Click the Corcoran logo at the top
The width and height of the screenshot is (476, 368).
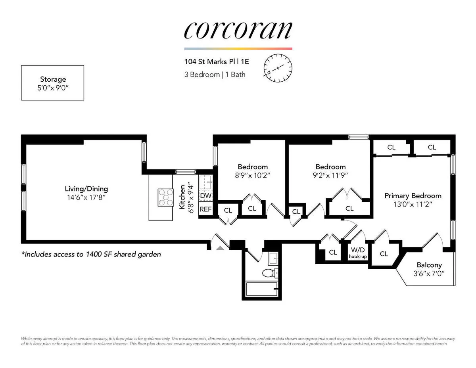(x=238, y=30)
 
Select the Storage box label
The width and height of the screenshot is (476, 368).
(x=53, y=80)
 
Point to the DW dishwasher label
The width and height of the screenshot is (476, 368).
(x=205, y=195)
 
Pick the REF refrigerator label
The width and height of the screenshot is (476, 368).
(x=205, y=209)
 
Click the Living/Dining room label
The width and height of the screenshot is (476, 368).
(x=86, y=189)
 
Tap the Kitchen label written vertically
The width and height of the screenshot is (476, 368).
(x=182, y=197)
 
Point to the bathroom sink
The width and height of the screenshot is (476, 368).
(x=273, y=259)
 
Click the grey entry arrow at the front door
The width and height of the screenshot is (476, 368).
(x=220, y=248)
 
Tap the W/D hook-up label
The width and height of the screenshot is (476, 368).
(x=358, y=253)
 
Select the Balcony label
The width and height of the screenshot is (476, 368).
(x=429, y=265)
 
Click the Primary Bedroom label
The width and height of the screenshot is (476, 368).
(x=413, y=196)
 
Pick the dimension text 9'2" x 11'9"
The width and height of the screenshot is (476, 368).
(x=330, y=175)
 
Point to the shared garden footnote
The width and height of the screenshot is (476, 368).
(x=91, y=254)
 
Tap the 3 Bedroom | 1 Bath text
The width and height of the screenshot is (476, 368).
(x=215, y=74)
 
